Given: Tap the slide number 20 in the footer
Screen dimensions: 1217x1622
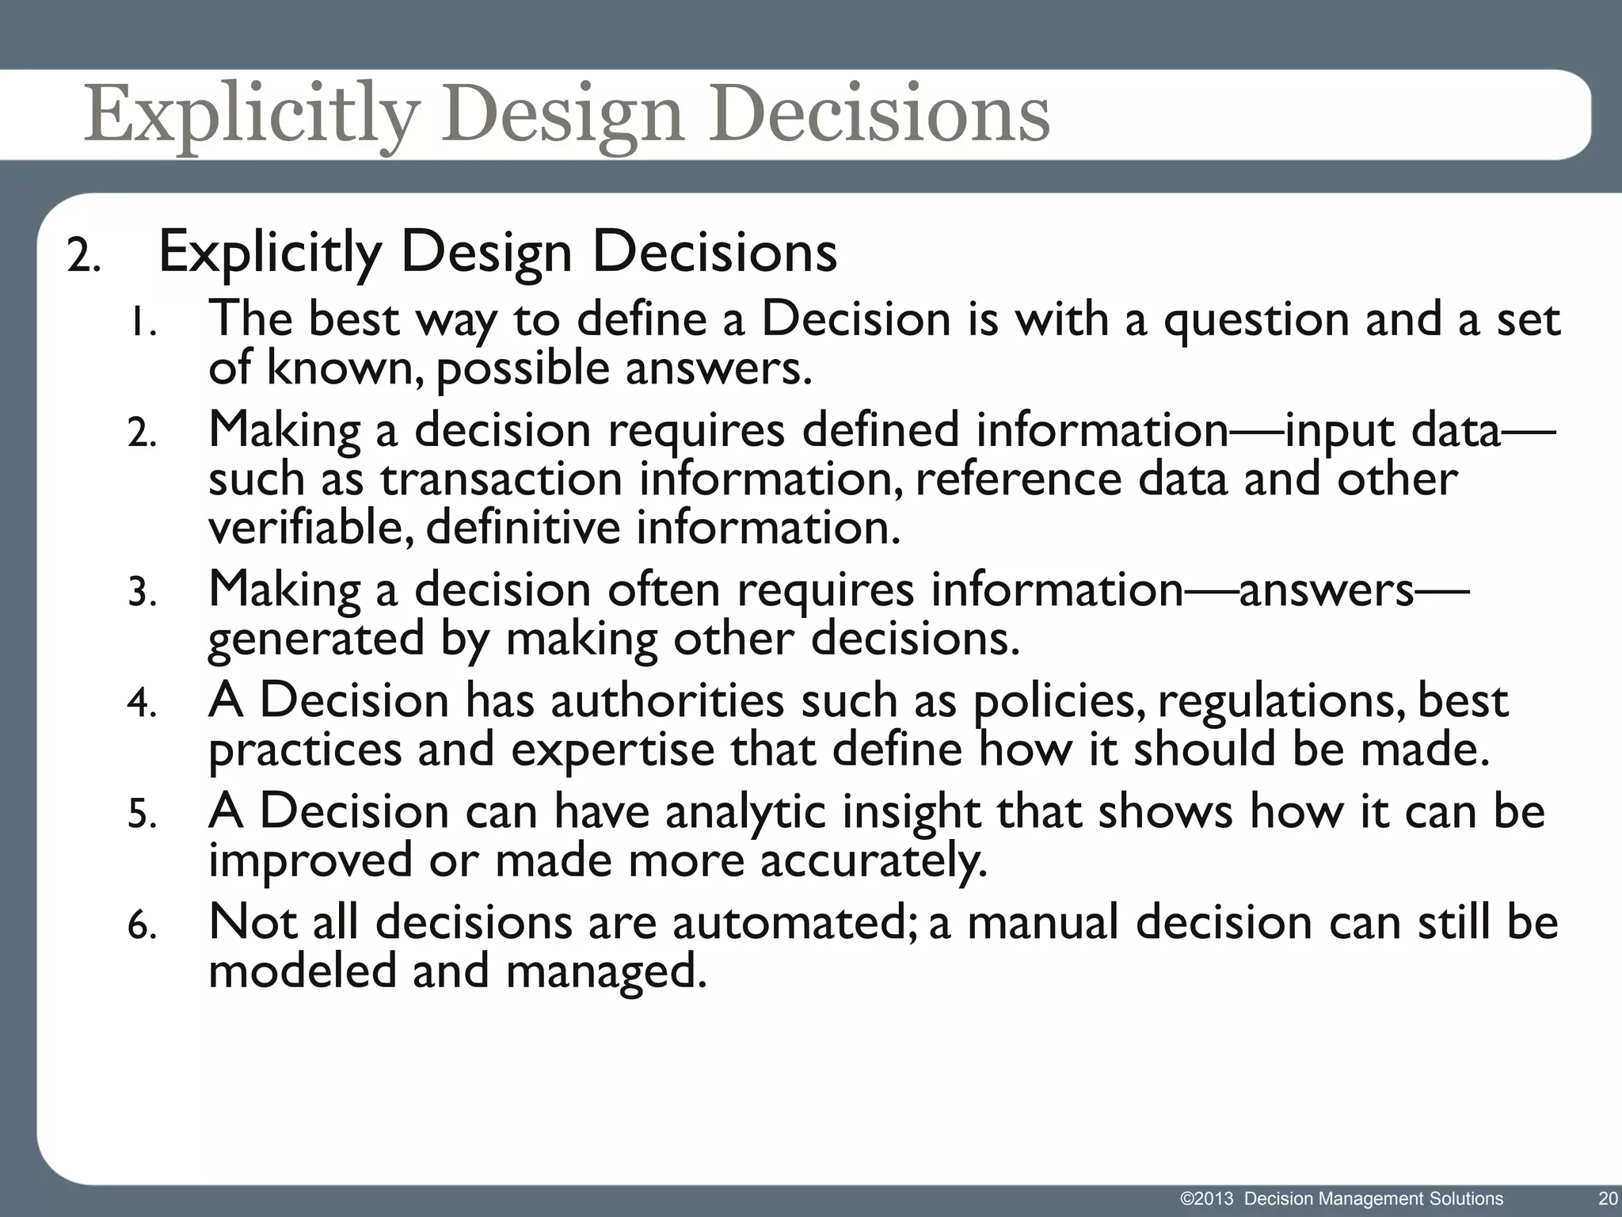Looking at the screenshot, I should [1608, 1199].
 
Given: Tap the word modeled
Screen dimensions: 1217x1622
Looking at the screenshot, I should [302, 972].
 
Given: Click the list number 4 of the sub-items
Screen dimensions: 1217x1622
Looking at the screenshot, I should [142, 704].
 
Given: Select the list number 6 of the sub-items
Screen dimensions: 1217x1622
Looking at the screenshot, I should [142, 925].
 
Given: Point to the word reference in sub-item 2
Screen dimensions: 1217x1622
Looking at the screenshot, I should [1018, 479].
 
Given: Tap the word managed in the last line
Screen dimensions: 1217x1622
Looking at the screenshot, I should [605, 972].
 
